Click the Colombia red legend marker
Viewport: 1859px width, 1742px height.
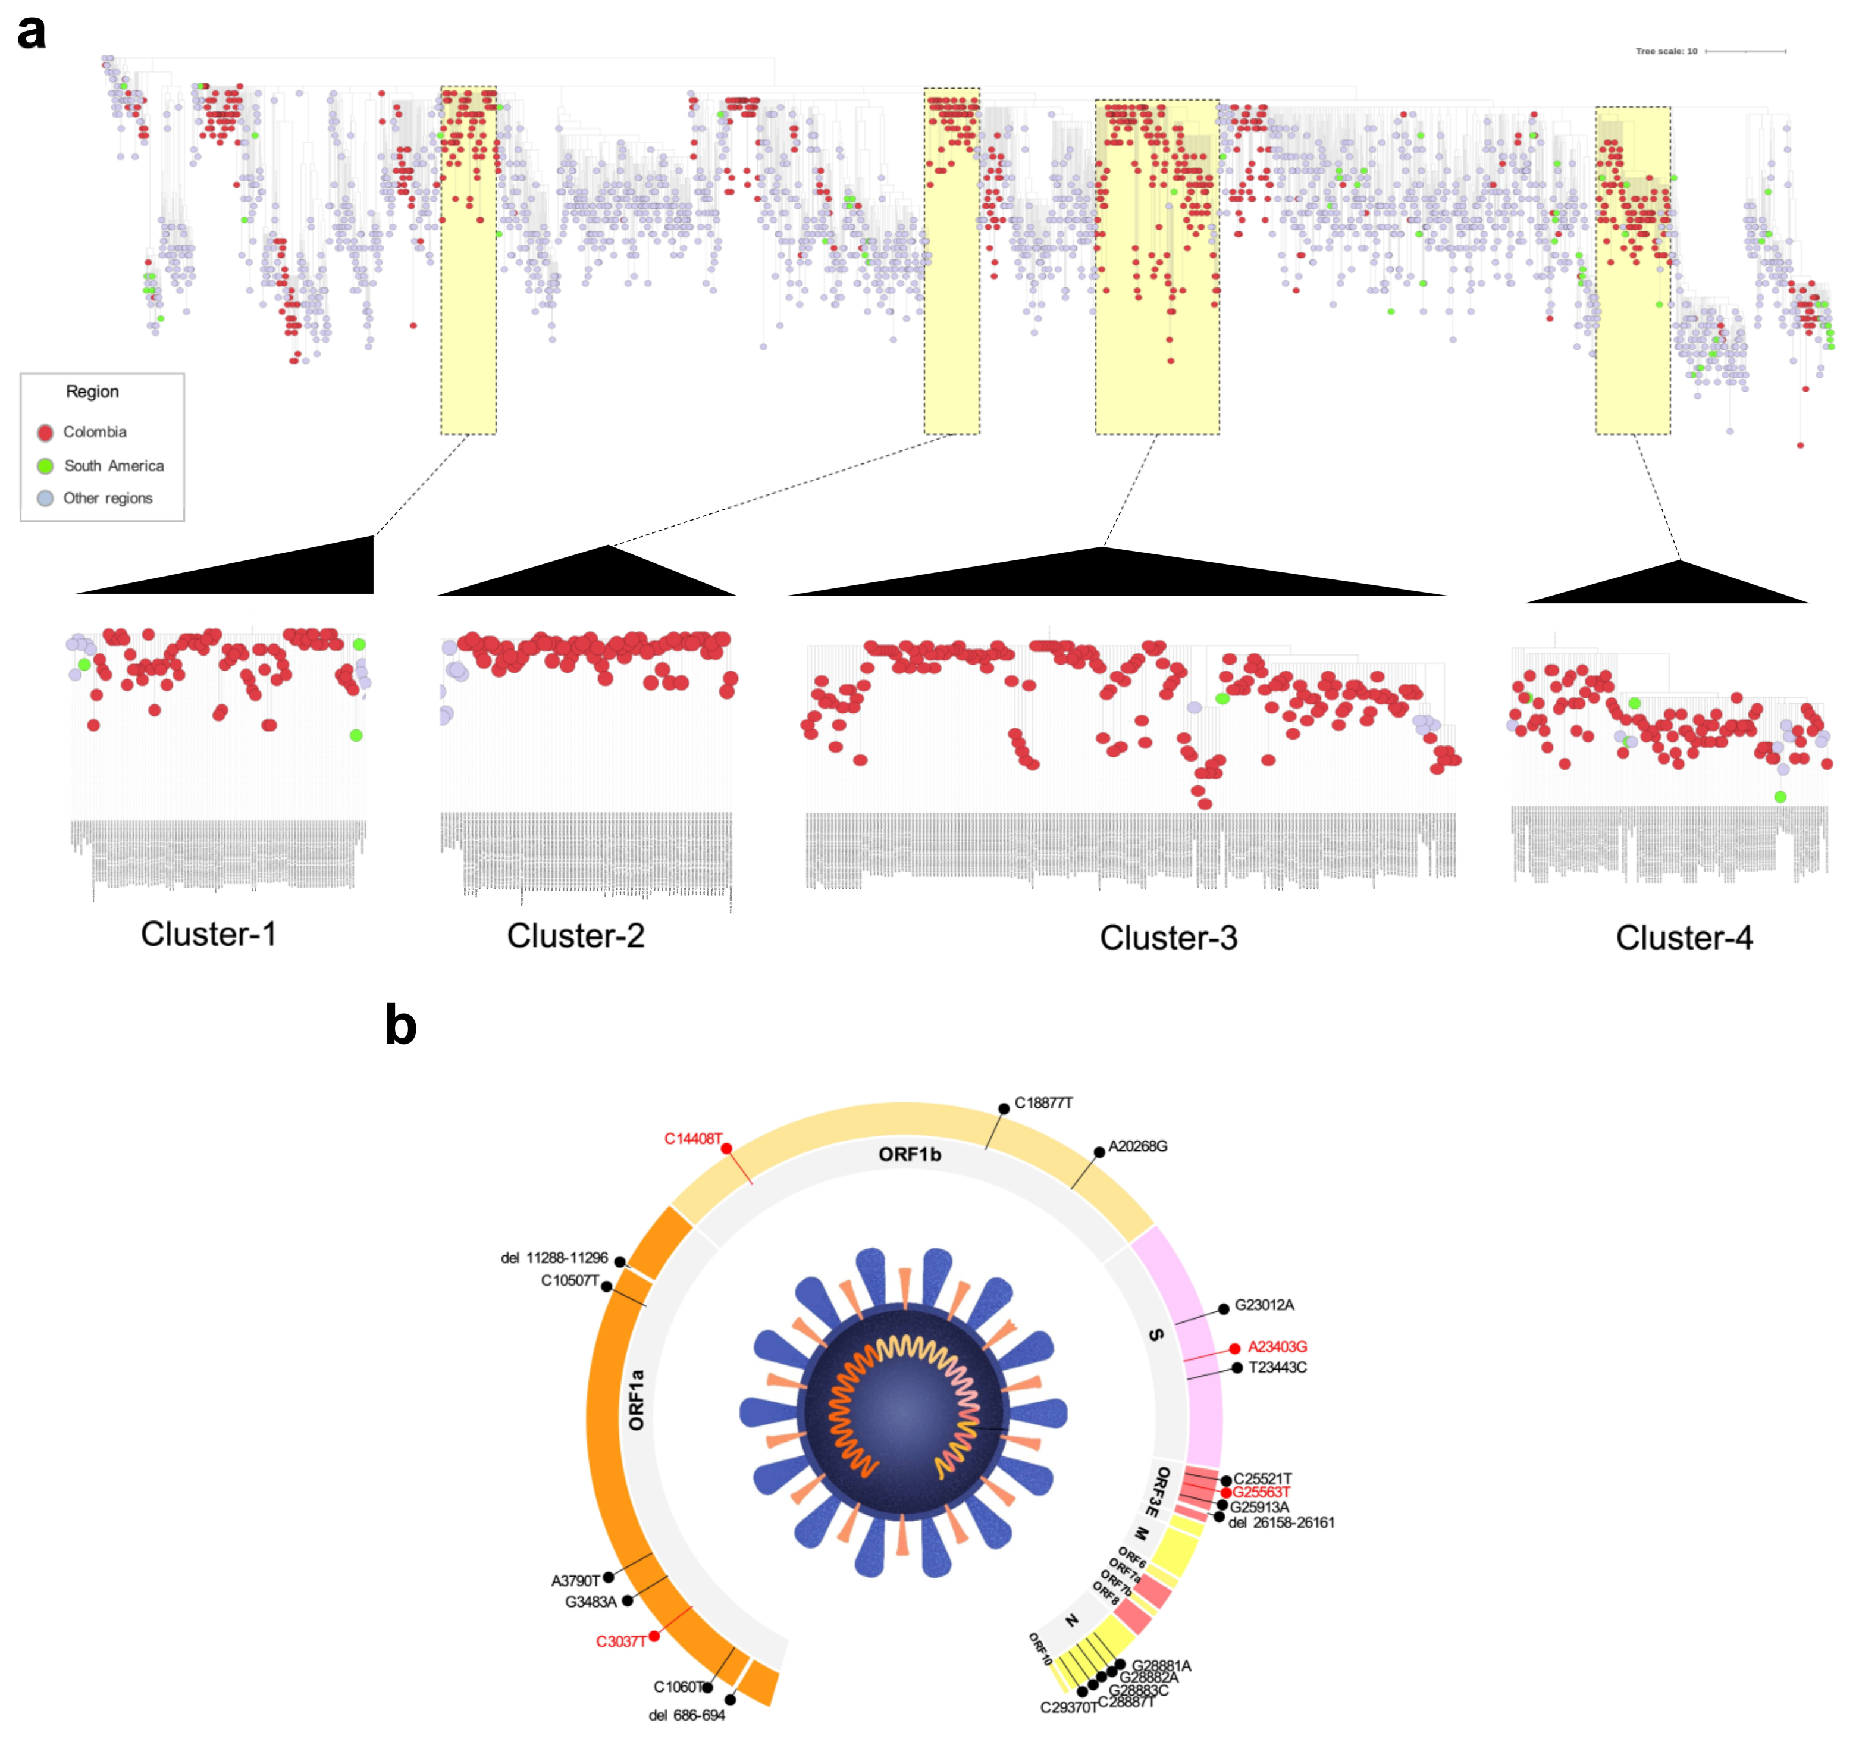[x=45, y=432]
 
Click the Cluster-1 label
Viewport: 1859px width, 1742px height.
[x=209, y=934]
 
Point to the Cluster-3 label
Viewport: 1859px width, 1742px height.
[x=1168, y=938]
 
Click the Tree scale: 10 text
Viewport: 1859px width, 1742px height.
[x=1666, y=51]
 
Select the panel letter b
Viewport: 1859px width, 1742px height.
[x=400, y=1026]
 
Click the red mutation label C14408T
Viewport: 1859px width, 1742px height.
[x=693, y=1139]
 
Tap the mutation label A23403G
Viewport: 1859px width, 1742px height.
[x=1277, y=1346]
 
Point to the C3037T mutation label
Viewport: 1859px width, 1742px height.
[x=621, y=1641]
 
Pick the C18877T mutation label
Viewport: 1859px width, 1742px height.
[x=1043, y=1104]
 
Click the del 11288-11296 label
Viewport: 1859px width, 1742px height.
[x=554, y=1258]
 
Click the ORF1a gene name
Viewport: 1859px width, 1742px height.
[x=637, y=1400]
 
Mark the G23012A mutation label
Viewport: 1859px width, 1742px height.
[x=1264, y=1305]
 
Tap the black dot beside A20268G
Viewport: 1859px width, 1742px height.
[x=1100, y=1153]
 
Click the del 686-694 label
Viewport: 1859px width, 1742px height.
[x=686, y=1715]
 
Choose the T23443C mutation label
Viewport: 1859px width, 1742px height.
[x=1277, y=1367]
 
